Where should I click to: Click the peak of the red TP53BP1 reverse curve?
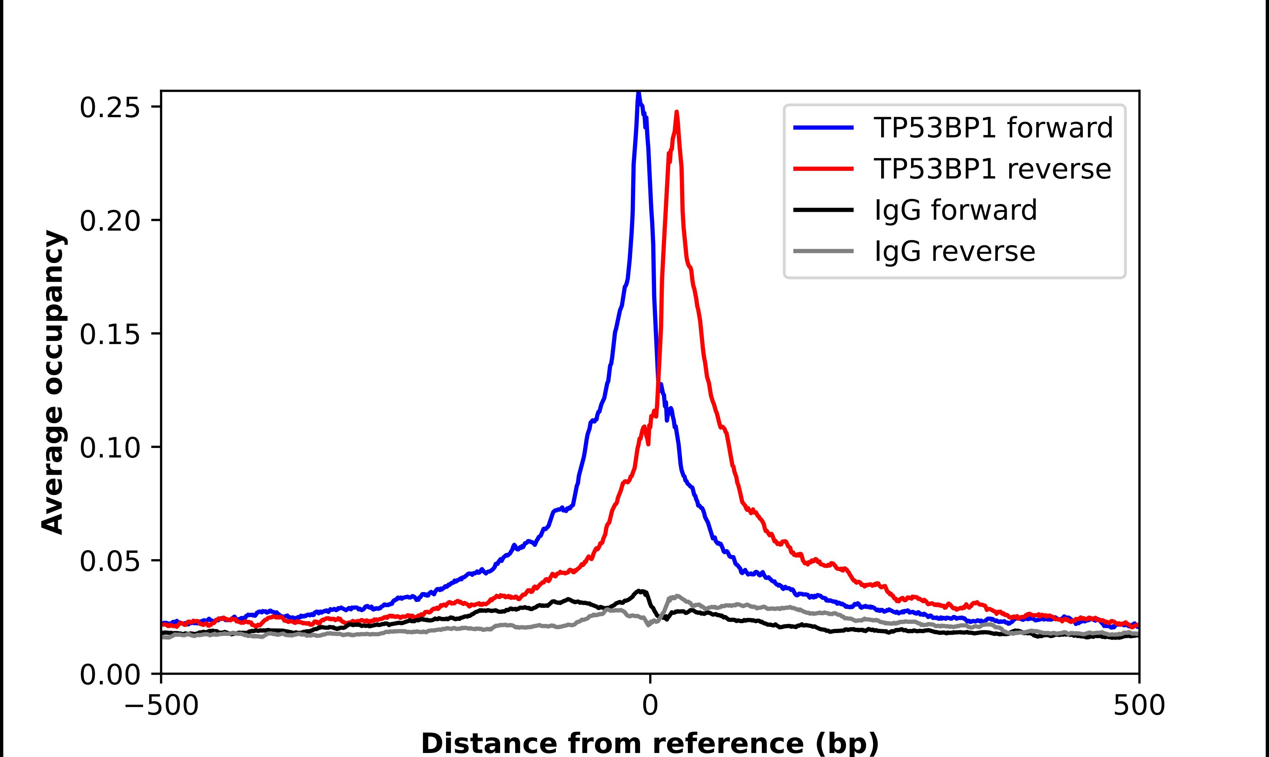point(677,113)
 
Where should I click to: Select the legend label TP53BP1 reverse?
point(992,169)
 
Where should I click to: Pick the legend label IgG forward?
point(955,210)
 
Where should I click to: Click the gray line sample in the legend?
point(823,251)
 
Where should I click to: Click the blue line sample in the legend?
point(823,128)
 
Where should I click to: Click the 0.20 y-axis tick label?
point(110,221)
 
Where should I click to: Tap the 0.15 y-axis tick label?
point(110,334)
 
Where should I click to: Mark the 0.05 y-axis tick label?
point(110,561)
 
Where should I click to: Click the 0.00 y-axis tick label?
point(110,674)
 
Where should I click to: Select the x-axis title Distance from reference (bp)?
point(650,743)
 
